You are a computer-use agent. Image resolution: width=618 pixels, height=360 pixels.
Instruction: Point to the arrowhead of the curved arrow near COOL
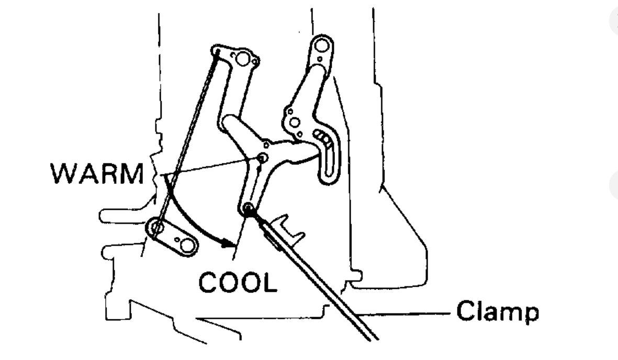pos(227,243)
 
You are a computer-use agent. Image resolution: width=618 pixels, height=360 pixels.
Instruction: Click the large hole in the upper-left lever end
pos(242,59)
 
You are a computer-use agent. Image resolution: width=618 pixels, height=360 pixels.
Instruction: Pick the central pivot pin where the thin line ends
pos(262,157)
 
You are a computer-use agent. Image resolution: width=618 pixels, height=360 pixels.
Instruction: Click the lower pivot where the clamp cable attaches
pos(248,209)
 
